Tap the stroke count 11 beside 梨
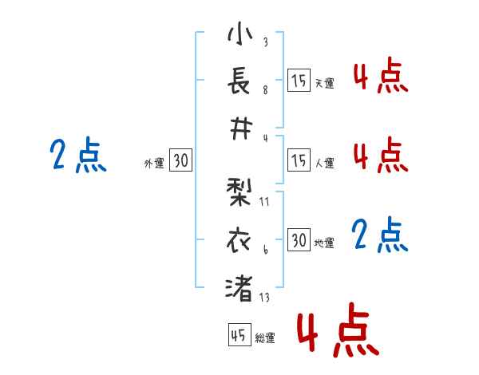[x=265, y=202]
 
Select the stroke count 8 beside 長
[x=265, y=90]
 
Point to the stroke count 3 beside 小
[x=265, y=42]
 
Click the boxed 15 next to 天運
[x=299, y=81]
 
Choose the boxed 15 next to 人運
[x=299, y=161]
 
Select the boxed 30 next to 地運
[x=299, y=241]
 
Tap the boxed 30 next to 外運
[x=180, y=161]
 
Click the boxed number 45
[x=239, y=336]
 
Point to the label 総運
[x=265, y=338]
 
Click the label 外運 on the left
[x=154, y=164]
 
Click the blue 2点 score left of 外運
[x=77, y=155]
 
